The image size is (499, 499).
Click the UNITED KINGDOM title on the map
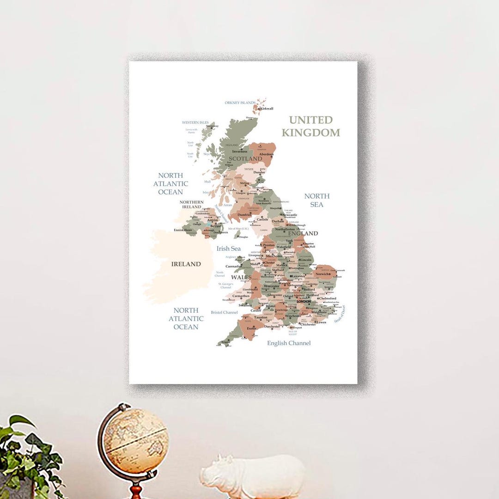click(310, 126)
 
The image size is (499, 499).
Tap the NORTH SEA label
click(317, 200)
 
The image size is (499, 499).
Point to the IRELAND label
click(186, 264)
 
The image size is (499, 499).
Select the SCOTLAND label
click(245, 158)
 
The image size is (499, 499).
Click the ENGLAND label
click(303, 233)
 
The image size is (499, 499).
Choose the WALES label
click(241, 277)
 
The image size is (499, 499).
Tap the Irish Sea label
click(229, 249)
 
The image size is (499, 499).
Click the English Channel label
click(289, 343)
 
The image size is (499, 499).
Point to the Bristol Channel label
click(224, 312)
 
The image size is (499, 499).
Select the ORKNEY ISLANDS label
click(240, 103)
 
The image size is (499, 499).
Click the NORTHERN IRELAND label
click(192, 204)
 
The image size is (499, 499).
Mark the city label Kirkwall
click(267, 109)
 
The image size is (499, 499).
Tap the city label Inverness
click(239, 152)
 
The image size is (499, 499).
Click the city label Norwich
click(323, 274)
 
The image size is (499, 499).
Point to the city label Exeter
click(251, 328)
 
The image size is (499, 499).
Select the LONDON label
click(304, 301)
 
